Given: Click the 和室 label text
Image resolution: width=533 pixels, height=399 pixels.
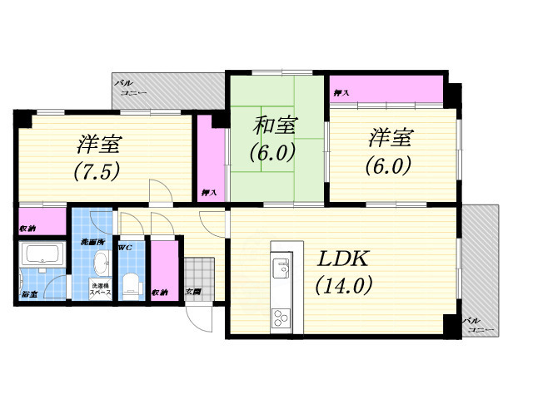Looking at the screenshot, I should click(x=274, y=126).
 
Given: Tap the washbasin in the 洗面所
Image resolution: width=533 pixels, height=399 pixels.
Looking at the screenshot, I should click(x=98, y=264).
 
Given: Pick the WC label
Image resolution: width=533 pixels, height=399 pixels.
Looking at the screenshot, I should click(x=125, y=248).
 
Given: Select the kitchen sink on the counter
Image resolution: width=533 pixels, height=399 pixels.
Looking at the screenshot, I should click(x=279, y=267).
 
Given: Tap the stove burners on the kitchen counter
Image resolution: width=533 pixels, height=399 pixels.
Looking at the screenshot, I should click(x=279, y=317).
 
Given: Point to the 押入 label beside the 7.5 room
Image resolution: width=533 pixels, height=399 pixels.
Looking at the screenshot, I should click(x=208, y=193).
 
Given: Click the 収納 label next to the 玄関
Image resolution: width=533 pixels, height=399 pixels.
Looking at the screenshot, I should click(x=160, y=292).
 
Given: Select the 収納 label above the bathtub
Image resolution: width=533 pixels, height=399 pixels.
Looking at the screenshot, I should click(x=28, y=227).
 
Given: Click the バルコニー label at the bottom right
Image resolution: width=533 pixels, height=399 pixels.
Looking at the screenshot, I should click(x=478, y=324).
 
